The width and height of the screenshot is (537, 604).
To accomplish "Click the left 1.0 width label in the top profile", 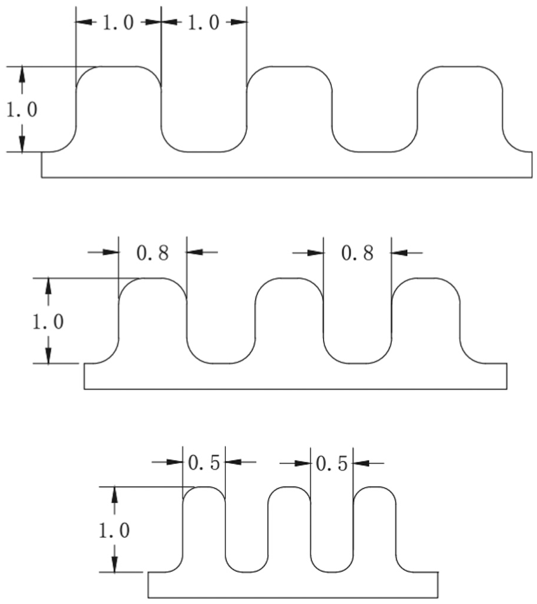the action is (x=118, y=23).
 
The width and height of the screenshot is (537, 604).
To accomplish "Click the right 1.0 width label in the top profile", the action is (x=203, y=23).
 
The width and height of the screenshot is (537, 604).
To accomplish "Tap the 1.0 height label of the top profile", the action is (x=22, y=110).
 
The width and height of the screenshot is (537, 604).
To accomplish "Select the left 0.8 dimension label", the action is (x=152, y=253).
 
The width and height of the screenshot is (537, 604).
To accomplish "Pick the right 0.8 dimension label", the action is (x=357, y=253).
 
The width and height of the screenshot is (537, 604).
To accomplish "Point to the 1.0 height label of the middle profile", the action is (x=48, y=322).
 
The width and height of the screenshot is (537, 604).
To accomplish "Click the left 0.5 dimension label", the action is (x=204, y=462).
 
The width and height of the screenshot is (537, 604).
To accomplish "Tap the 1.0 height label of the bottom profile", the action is (x=114, y=531).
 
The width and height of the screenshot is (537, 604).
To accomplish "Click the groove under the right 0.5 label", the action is (x=332, y=573).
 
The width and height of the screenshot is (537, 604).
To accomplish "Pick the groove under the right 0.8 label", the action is (x=357, y=363).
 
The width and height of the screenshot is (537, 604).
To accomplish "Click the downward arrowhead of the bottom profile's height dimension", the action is (x=114, y=565).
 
